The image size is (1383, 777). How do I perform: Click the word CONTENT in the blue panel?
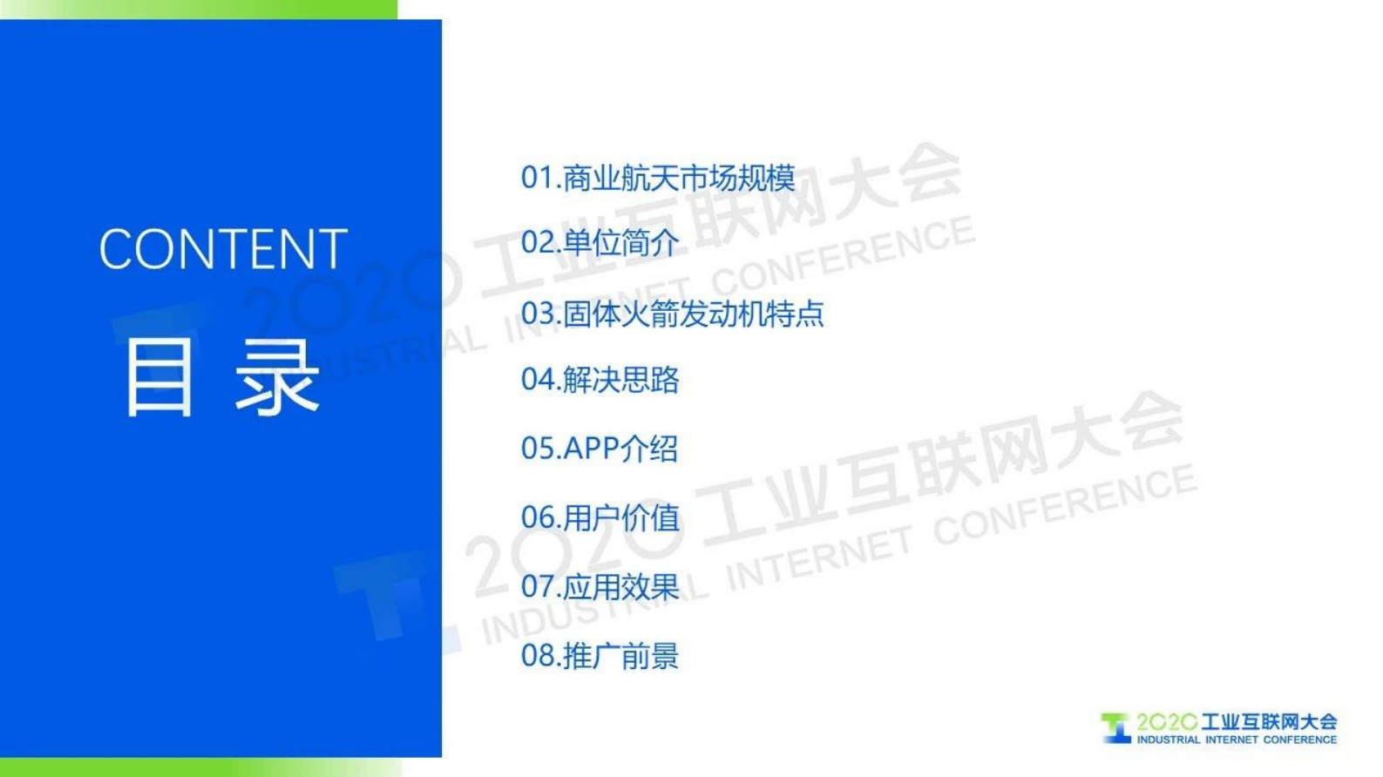(223, 249)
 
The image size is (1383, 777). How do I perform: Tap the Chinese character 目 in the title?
(158, 376)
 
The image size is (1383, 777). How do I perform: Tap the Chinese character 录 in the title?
(277, 376)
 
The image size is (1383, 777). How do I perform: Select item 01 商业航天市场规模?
(658, 178)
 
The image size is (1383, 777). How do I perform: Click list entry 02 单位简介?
(600, 242)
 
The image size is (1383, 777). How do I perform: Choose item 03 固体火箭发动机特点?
(672, 314)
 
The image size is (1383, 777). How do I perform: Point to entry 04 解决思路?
(600, 380)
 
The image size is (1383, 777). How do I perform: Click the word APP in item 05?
(591, 449)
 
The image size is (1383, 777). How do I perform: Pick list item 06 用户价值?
(600, 517)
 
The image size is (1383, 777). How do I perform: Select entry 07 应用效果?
(600, 586)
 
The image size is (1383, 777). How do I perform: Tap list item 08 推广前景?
(600, 655)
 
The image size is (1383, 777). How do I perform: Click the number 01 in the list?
(537, 178)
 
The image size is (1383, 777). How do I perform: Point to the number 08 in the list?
(537, 655)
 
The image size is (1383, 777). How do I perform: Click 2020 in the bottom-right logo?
(1166, 721)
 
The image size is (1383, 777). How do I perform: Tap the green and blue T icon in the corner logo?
(1115, 727)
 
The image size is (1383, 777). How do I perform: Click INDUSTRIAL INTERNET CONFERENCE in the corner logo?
(1236, 740)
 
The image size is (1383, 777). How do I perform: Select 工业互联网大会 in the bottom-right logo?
(1269, 721)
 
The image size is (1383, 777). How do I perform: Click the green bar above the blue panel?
(199, 9)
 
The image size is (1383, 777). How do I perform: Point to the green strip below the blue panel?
(199, 767)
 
